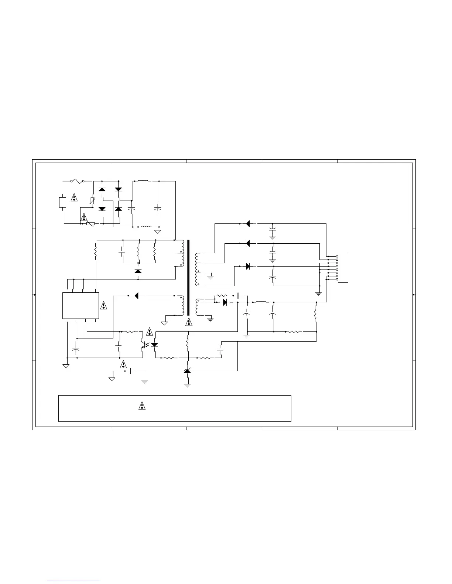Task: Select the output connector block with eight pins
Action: (x=343, y=268)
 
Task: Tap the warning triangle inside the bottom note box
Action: (x=141, y=406)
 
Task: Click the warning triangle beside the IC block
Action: (x=104, y=305)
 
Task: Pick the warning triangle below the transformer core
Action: (x=189, y=321)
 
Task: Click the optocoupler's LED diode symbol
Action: (x=154, y=345)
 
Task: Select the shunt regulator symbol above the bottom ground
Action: (x=187, y=370)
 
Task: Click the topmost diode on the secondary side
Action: (x=248, y=223)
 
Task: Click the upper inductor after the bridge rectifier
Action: (x=144, y=181)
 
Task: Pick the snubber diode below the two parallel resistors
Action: (x=138, y=271)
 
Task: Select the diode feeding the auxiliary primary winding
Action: (x=136, y=296)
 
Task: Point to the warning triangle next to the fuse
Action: (x=74, y=197)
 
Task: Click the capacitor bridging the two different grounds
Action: (x=131, y=371)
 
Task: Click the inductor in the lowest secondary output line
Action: (x=261, y=302)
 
